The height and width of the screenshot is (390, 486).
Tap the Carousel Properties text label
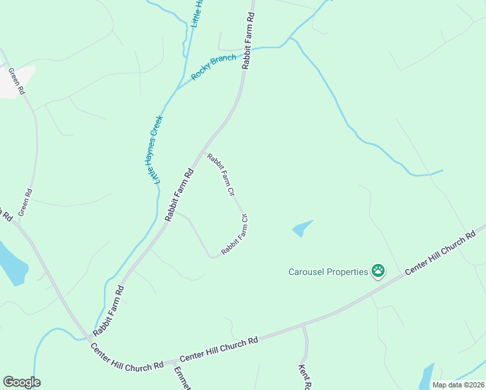click(x=328, y=272)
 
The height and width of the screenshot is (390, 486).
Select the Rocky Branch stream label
click(x=214, y=68)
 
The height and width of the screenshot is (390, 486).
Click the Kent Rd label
click(x=303, y=376)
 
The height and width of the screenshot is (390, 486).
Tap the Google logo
click(x=21, y=382)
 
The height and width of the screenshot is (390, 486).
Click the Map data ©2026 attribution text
click(x=457, y=385)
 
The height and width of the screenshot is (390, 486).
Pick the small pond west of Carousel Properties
click(x=301, y=228)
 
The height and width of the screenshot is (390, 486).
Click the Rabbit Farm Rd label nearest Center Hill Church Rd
click(x=108, y=310)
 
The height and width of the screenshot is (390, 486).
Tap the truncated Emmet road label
click(x=180, y=379)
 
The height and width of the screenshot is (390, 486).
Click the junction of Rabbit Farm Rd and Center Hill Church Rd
click(x=89, y=339)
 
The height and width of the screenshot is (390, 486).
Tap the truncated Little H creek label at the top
click(x=197, y=13)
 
